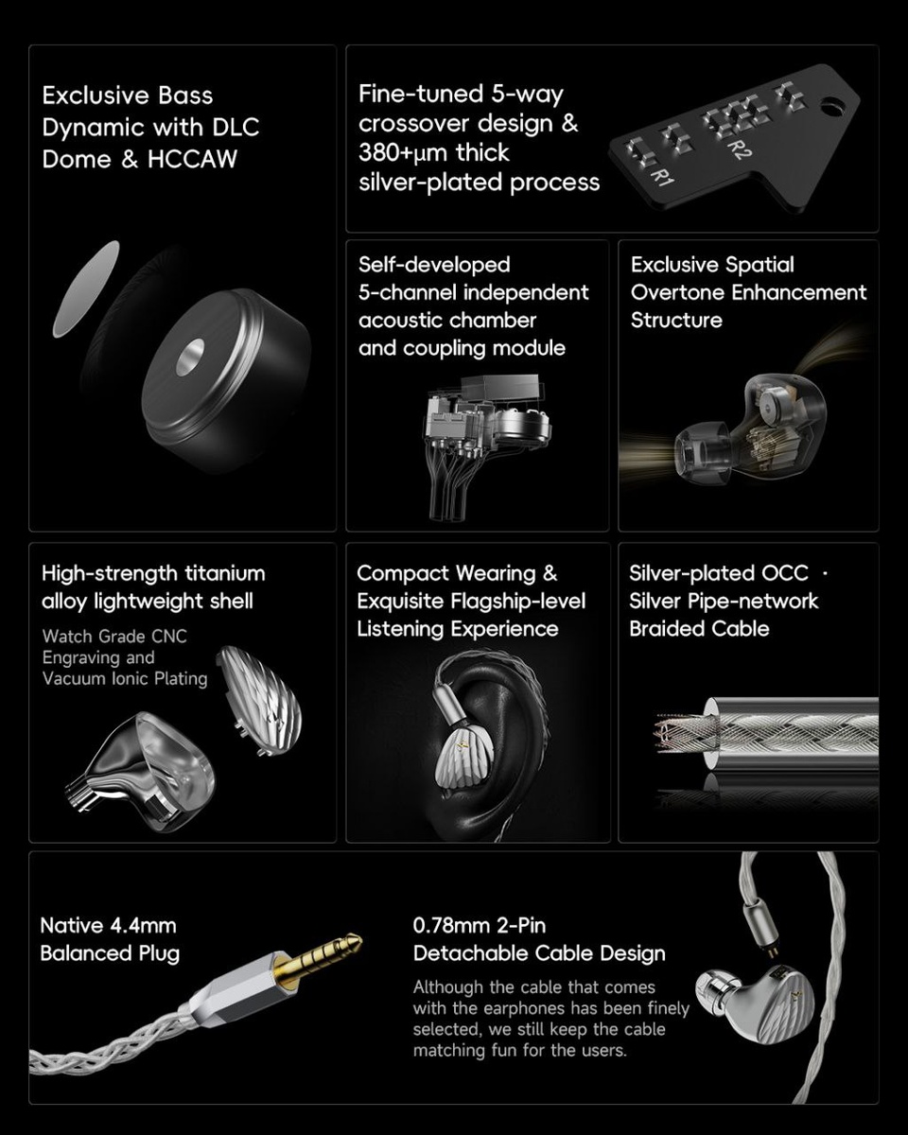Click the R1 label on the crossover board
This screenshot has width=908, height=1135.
click(x=663, y=176)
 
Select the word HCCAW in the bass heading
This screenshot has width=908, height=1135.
click(x=192, y=159)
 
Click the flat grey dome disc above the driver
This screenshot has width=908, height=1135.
click(x=86, y=289)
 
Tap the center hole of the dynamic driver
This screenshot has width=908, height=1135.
click(x=190, y=358)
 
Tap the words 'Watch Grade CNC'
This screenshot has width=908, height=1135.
click(x=114, y=637)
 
